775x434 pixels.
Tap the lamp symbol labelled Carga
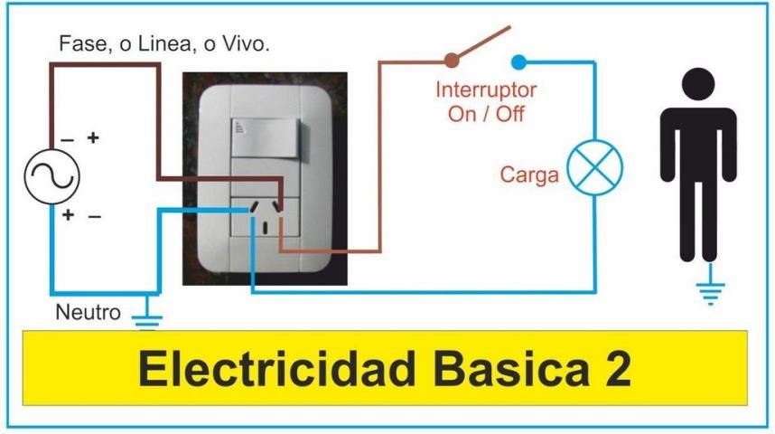point(594,169)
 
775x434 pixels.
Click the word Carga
point(529,175)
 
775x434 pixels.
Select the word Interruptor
point(486,90)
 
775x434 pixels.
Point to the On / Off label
point(486,114)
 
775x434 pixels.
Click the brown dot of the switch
point(451,61)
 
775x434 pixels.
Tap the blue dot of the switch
point(518,61)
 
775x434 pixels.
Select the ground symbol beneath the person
point(710,291)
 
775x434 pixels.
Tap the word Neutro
point(88,314)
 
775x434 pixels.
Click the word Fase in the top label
point(78,43)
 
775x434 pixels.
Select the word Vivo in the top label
point(246,43)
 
